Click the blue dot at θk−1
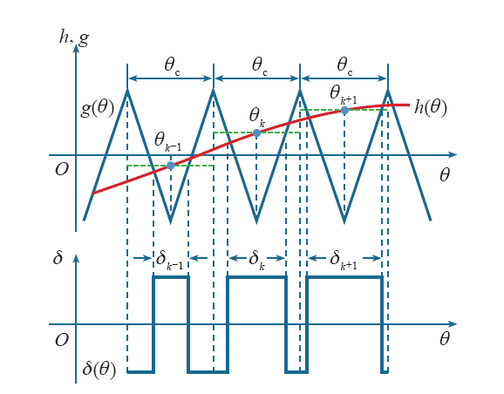170,166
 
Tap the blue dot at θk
256,132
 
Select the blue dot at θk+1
344,111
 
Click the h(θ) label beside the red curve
431,107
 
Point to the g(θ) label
97,109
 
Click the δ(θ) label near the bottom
99,369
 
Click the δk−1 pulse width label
169,260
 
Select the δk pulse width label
256,260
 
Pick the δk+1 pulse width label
344,260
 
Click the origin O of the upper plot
62,169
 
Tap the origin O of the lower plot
62,340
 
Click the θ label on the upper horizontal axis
445,175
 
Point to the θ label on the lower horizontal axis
445,339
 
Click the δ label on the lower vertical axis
58,258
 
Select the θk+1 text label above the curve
344,95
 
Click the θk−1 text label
167,142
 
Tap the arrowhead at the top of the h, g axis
76,48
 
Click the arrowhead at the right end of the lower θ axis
453,324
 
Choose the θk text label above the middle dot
257,118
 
